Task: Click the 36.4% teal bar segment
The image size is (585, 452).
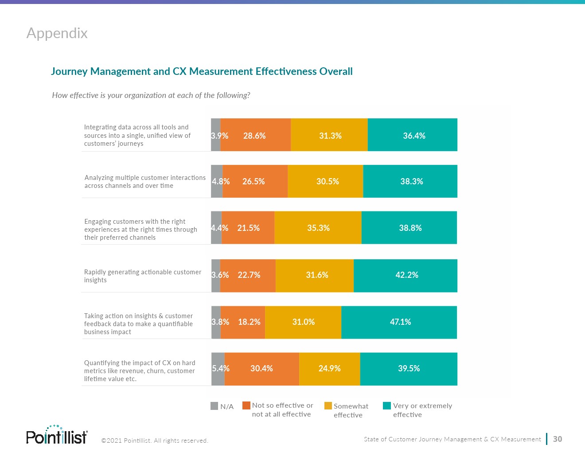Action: coord(413,135)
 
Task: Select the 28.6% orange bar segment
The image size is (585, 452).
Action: coord(255,135)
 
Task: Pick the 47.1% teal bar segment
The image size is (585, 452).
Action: coord(399,322)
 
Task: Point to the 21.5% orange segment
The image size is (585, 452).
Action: coord(248,228)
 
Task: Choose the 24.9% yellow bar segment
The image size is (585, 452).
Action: coord(330,369)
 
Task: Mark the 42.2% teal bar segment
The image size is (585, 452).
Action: coord(406,275)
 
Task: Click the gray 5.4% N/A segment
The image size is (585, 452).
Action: coord(218,369)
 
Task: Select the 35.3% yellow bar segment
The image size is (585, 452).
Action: coord(318,228)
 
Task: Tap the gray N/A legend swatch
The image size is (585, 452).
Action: coord(214,406)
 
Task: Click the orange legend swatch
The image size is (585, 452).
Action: coord(246,405)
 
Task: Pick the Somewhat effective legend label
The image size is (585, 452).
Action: coord(350,410)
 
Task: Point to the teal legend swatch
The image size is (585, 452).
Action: coord(387,405)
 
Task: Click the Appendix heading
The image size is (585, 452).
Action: coord(57,33)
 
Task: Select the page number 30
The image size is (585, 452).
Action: coord(558,439)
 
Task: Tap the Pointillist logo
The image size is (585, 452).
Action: coord(57,435)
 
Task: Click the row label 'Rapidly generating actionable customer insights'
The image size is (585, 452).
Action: coord(142,276)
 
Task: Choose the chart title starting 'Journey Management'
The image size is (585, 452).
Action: coord(202,71)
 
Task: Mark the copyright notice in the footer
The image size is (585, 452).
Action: coord(155,440)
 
